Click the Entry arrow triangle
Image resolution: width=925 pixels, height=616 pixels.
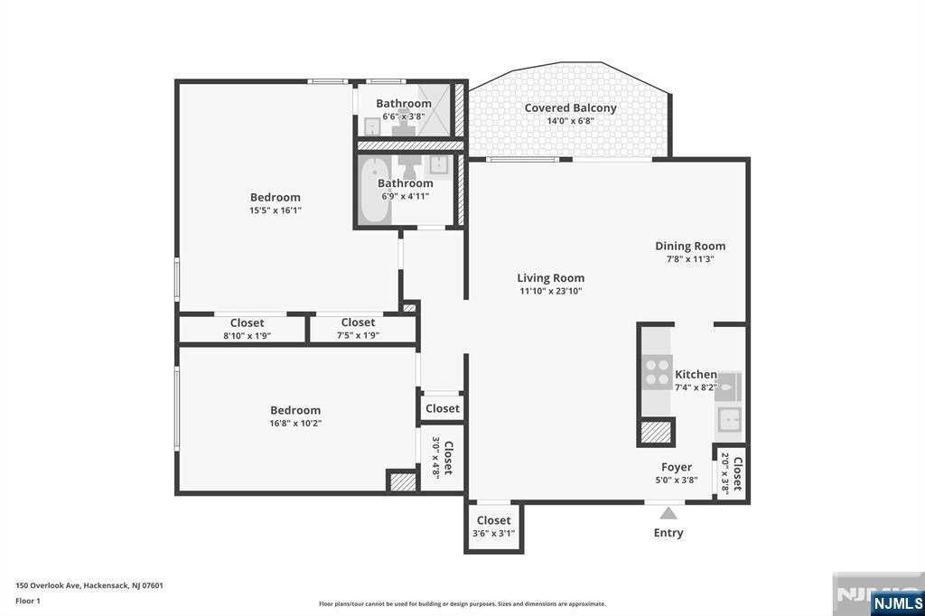coord(667,513)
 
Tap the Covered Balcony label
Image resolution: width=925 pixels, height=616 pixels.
coord(570,108)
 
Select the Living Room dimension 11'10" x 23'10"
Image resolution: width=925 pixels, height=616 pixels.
coord(550,292)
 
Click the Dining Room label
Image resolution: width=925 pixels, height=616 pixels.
coord(690,246)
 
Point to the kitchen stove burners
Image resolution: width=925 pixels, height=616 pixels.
coord(657,372)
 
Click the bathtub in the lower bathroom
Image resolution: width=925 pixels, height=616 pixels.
coord(374,191)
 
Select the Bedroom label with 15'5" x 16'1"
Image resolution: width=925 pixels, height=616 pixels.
coord(276,197)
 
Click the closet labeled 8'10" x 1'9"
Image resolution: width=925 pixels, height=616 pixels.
coord(248,335)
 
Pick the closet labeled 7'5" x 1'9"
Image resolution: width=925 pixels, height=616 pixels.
coord(358,335)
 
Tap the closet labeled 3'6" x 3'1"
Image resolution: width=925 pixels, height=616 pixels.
coord(493,534)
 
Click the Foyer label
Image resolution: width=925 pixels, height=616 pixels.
coord(677,467)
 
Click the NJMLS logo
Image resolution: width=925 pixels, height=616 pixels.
coord(896,602)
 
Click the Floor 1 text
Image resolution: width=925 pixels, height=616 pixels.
coord(28,601)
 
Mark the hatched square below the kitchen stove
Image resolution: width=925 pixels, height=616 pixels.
coord(656,432)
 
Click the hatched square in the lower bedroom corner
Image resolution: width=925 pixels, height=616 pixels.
coord(402,481)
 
